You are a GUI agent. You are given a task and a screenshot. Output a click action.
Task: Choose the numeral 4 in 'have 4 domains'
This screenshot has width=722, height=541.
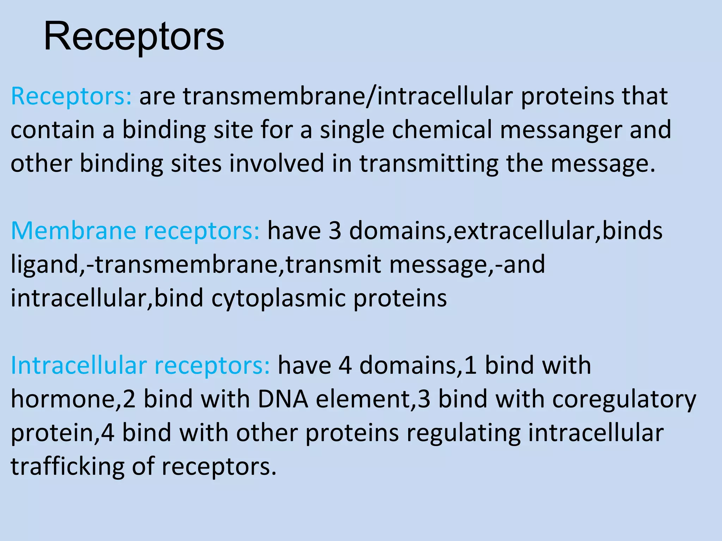point(345,366)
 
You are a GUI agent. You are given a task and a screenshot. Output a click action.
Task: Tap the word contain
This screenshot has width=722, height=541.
point(53,130)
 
